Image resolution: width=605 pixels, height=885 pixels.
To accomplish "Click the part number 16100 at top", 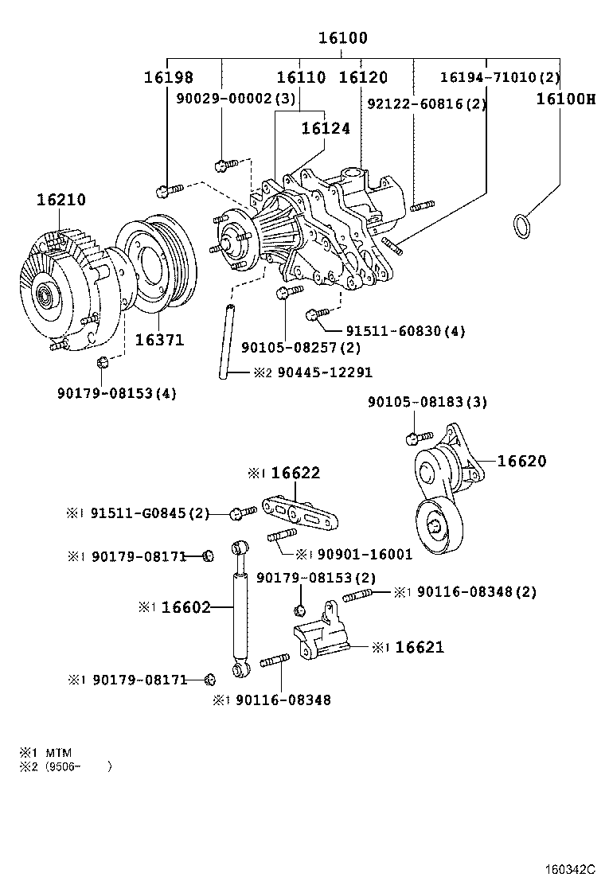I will click(343, 38).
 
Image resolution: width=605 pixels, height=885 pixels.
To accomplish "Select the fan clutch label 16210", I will click(60, 200).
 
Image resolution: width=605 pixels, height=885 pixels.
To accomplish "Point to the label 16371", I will click(159, 341).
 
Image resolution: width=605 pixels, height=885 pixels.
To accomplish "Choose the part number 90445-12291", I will click(324, 372).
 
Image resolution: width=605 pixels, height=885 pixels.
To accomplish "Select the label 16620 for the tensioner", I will click(522, 461).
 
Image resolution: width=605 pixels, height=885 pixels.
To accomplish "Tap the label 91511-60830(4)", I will click(405, 330).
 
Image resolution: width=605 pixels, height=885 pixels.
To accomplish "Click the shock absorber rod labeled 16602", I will click(240, 608).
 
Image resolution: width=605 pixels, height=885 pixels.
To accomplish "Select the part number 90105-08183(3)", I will click(427, 404).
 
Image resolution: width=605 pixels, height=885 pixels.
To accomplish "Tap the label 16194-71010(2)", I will click(500, 78).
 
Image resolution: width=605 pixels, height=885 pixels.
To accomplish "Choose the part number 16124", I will click(326, 128).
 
